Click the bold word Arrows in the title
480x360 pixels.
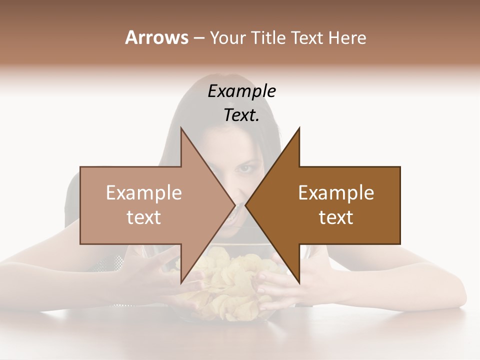pos(156,37)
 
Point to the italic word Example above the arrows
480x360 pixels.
pos(241,91)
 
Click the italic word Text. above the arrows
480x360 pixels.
pos(241,115)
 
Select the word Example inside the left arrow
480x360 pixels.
pos(144,192)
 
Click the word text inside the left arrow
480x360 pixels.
pos(144,217)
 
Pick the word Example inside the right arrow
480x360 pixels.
pos(336,192)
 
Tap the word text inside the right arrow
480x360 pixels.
pos(336,217)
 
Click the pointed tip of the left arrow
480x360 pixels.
pos(234,205)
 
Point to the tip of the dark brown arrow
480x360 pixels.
pos(246,205)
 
